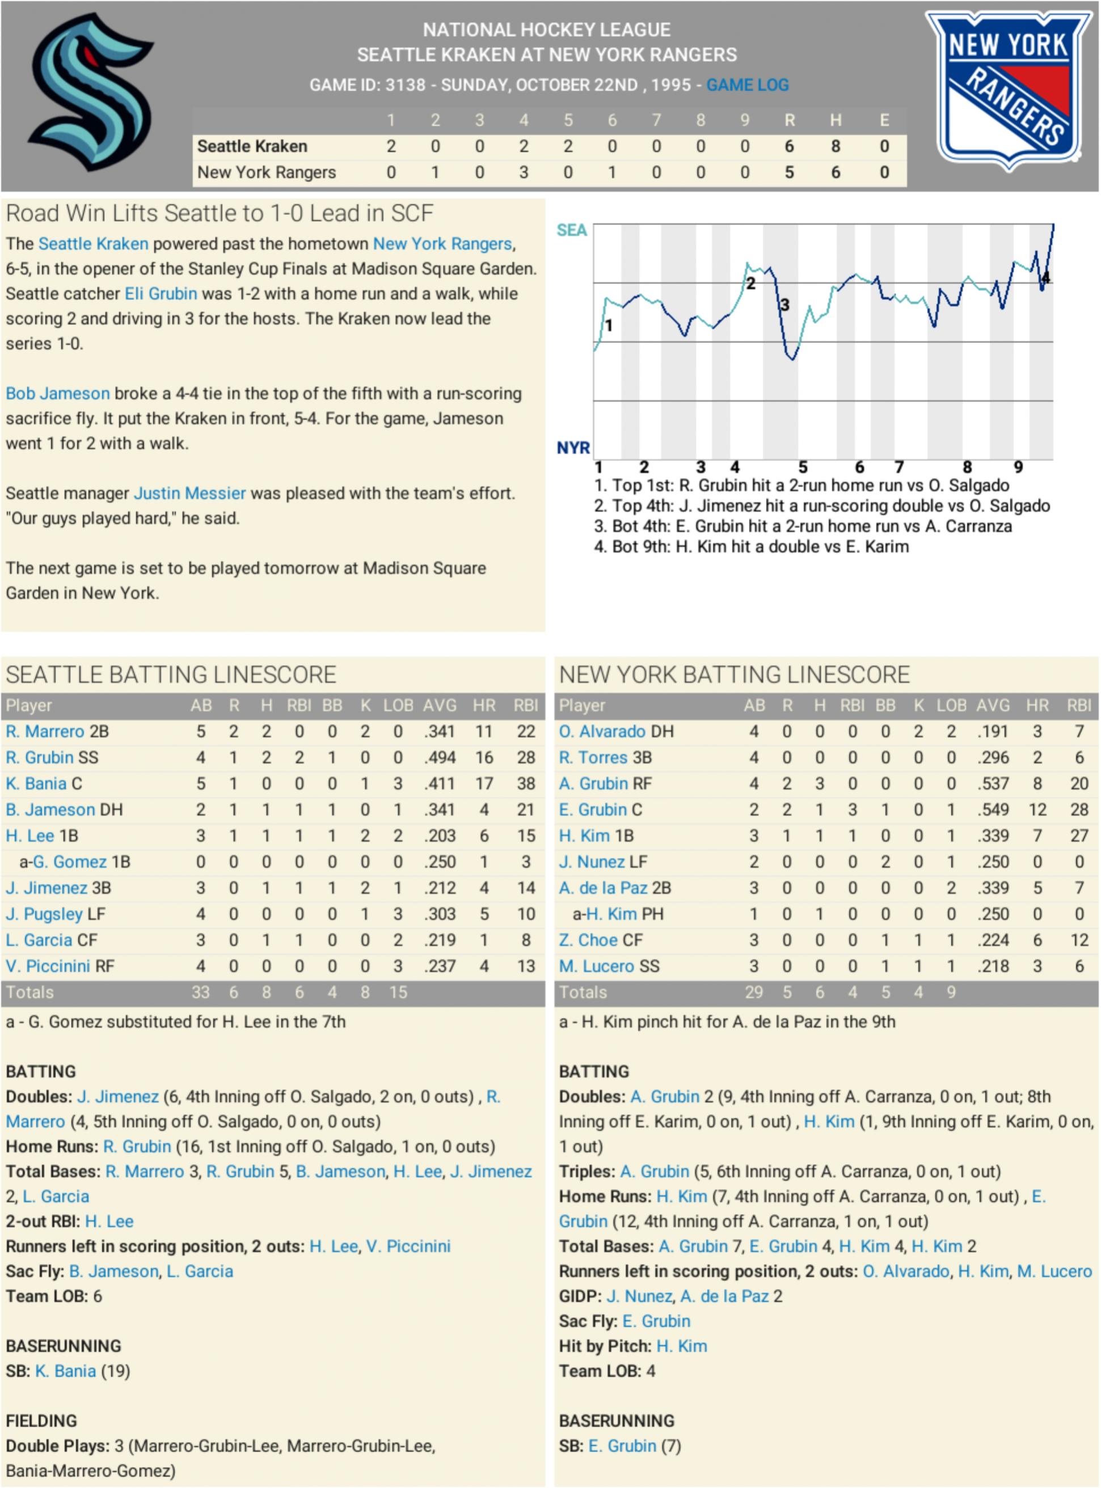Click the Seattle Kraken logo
[91, 92]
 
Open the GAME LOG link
[747, 85]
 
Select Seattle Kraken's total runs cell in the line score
[789, 146]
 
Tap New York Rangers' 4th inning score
[524, 172]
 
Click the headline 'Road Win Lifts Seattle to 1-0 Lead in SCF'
[220, 213]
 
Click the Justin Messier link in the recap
[189, 493]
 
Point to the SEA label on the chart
[572, 230]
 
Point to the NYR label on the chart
[573, 447]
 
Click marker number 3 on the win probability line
[784, 305]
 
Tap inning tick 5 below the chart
[803, 467]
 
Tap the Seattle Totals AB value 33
[201, 992]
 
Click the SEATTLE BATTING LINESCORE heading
[171, 675]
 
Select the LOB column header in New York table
[951, 705]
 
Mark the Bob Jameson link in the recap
[57, 393]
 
